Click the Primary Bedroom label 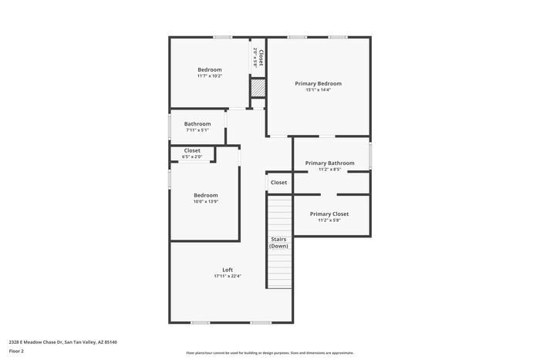coord(318,83)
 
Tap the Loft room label coord(228,270)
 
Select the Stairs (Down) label coord(278,242)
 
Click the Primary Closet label coord(329,214)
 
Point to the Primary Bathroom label coord(329,163)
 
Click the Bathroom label coord(197,123)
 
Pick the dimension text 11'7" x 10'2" coord(209,76)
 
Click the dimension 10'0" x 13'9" coord(205,202)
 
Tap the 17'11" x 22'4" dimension coord(228,276)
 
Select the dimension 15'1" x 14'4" coord(318,90)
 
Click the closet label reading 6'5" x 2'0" coord(191,157)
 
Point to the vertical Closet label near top coord(261,58)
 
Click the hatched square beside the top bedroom coord(258,89)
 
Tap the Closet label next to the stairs coord(278,183)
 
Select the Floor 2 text coord(16,351)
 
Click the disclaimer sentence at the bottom coord(269,352)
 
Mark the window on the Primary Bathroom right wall coord(370,155)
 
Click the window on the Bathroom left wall coord(170,126)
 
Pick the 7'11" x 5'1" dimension coord(197,130)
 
